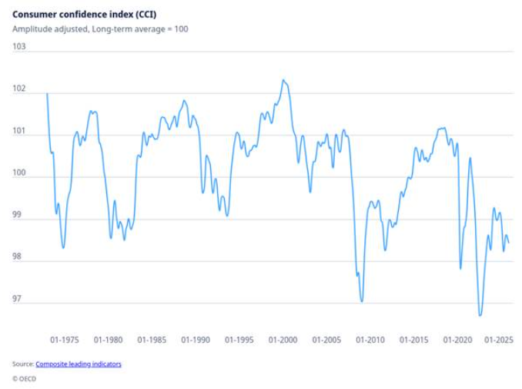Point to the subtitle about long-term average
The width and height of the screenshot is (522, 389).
coord(100,29)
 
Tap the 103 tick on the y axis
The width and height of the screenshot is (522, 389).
coord(19,47)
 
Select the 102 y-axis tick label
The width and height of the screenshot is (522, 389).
coord(19,90)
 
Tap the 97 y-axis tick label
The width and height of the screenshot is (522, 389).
coord(19,300)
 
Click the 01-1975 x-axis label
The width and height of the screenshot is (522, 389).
coord(64,340)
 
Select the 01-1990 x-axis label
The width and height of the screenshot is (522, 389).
coord(196,340)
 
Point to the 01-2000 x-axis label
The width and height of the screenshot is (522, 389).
coord(283,340)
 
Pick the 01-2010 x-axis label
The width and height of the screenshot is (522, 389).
coord(370,340)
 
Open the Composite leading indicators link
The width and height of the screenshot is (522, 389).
coord(79,364)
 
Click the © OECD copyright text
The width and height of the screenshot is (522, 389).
coord(25,378)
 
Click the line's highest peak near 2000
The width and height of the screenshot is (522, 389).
coord(283,79)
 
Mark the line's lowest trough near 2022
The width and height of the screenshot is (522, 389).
coord(480,315)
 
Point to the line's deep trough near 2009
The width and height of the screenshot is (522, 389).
coord(362,301)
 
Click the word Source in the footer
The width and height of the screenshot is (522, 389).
coord(22,364)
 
